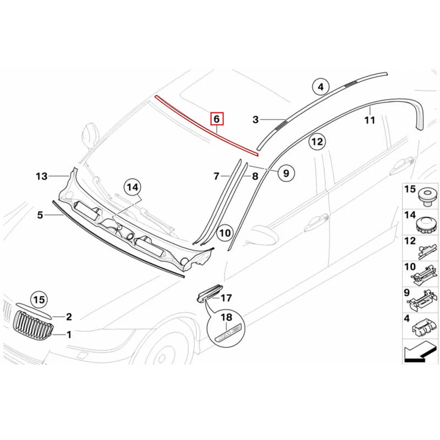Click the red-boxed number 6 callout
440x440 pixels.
point(217,119)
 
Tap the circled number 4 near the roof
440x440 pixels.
point(321,87)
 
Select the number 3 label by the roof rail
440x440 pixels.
point(256,120)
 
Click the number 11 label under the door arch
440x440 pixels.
point(370,121)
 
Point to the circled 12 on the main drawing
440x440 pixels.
point(317,142)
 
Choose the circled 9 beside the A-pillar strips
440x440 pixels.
point(286,173)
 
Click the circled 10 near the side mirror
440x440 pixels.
point(225,233)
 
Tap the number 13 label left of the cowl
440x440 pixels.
point(42,176)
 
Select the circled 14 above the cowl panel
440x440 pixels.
point(132,187)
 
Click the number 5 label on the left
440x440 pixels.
point(40,214)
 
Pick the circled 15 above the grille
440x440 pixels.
point(40,300)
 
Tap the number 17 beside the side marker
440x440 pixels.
point(226,299)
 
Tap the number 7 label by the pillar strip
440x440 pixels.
point(217,176)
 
